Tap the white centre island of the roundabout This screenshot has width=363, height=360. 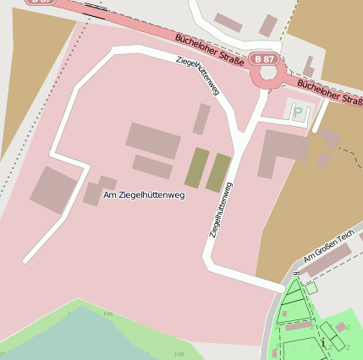click(x=269, y=74)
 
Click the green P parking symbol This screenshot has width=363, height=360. click(x=297, y=112)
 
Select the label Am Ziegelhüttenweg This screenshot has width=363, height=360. click(x=144, y=195)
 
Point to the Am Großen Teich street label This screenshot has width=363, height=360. click(x=327, y=249)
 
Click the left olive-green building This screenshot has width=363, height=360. click(x=196, y=167)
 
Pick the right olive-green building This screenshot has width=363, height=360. click(x=218, y=172)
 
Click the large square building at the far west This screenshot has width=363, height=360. click(x=53, y=190)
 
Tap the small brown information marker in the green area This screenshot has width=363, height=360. click(x=322, y=343)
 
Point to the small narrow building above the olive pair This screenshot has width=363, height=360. click(x=201, y=119)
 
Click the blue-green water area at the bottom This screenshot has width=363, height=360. click(x=76, y=338)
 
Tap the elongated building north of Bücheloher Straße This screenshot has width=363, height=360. click(x=228, y=23)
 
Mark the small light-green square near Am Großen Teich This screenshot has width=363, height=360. click(x=311, y=288)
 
